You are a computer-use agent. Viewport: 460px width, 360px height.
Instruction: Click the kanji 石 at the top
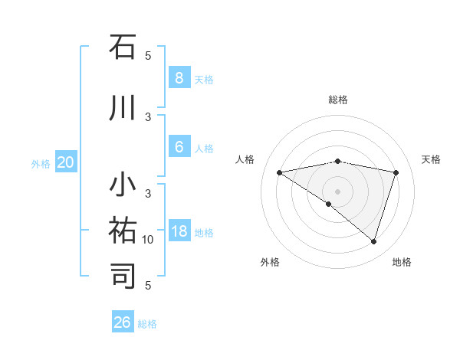tap(123, 47)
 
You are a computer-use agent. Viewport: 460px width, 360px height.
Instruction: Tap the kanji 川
tap(123, 108)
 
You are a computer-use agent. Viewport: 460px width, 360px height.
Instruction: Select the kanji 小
tap(123, 186)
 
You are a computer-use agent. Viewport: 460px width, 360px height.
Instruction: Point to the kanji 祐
tap(123, 231)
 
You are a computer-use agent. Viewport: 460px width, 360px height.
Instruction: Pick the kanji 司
tap(123, 275)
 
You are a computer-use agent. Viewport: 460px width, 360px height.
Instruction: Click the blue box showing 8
tap(179, 77)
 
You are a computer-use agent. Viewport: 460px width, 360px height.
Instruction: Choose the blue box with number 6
tap(179, 146)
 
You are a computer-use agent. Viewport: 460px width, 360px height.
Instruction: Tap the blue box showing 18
tap(179, 231)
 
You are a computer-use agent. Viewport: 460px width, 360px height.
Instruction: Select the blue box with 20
tap(66, 162)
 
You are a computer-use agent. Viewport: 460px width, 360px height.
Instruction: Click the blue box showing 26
tap(123, 322)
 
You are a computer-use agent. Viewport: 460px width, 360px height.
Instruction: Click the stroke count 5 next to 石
tap(148, 55)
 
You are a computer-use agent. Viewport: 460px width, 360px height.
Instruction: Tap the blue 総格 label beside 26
tap(147, 324)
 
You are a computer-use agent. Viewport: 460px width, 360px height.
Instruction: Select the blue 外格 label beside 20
tap(41, 164)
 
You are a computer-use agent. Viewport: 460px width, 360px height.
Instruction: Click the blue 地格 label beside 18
tap(204, 233)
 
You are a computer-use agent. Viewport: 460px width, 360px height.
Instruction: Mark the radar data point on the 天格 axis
tap(396, 172)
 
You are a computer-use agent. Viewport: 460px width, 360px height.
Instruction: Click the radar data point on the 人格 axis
tap(279, 172)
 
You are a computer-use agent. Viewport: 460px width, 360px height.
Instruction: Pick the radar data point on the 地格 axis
tap(373, 241)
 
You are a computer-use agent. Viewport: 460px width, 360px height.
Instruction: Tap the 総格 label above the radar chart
tap(337, 100)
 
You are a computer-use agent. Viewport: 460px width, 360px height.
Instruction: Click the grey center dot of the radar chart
tap(337, 191)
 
